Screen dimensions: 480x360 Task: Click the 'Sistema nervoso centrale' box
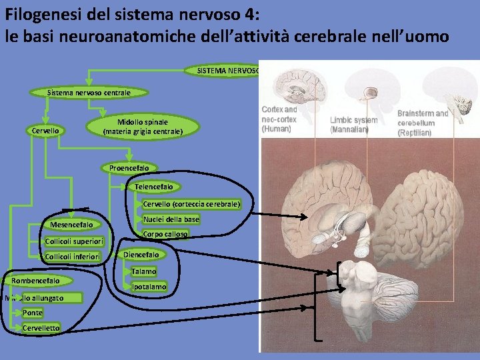click(x=89, y=92)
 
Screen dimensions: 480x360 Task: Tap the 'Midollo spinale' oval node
click(x=143, y=127)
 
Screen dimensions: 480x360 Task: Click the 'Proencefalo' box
click(x=129, y=168)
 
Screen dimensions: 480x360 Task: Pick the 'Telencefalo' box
click(x=153, y=187)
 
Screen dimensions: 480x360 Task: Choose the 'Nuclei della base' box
click(x=171, y=219)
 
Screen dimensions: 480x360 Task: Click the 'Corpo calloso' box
click(x=165, y=234)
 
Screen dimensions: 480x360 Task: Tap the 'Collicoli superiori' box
click(x=73, y=241)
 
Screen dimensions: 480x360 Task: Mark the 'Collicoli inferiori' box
click(x=72, y=257)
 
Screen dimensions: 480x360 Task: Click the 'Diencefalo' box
click(x=141, y=255)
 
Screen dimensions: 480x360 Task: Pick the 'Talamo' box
click(x=143, y=271)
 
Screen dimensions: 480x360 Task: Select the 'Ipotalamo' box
click(x=149, y=287)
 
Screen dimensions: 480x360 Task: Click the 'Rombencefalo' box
click(x=40, y=281)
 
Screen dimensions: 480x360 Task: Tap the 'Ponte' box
click(x=32, y=313)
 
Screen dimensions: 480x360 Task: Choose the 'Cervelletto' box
click(x=41, y=328)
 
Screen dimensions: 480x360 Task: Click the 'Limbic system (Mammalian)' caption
click(x=353, y=125)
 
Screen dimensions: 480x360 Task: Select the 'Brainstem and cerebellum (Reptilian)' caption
click(x=425, y=123)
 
